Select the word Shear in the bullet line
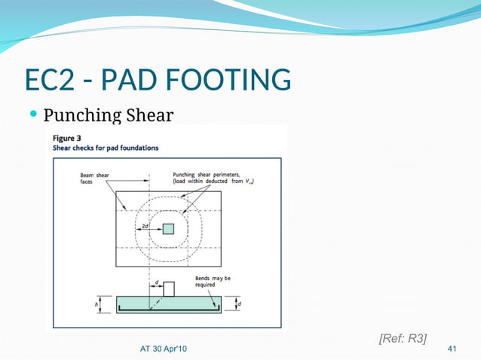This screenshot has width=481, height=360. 147,116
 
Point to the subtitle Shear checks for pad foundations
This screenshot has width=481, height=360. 105,148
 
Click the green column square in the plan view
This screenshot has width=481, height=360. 168,228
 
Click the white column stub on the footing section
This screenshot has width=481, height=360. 169,288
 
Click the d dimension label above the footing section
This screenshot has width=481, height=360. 156,283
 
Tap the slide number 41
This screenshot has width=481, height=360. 452,349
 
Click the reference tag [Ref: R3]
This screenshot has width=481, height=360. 402,338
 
